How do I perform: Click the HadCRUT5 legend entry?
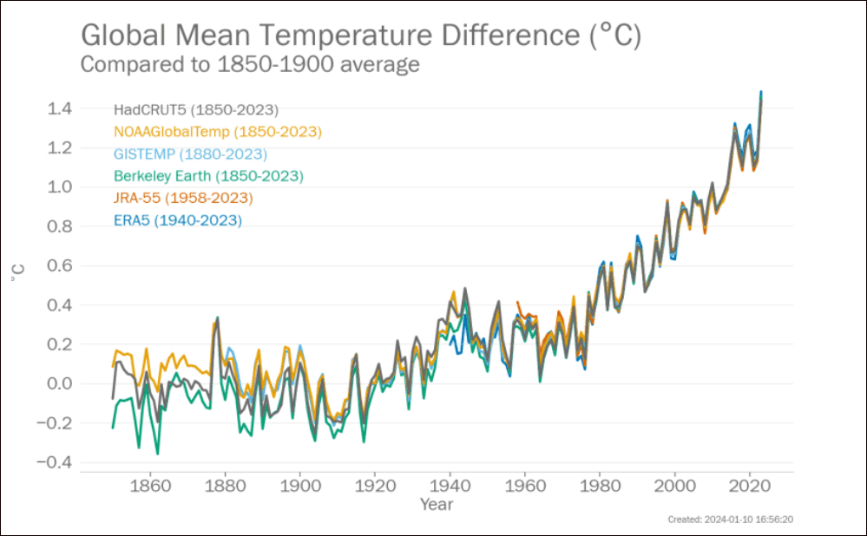pyautogui.click(x=195, y=110)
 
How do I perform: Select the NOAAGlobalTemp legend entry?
pyautogui.click(x=217, y=132)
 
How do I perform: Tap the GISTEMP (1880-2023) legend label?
pyautogui.click(x=190, y=154)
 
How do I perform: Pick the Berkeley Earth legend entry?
pyautogui.click(x=208, y=176)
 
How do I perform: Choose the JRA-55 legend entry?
pyautogui.click(x=183, y=199)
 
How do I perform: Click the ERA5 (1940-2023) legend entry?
pyautogui.click(x=177, y=220)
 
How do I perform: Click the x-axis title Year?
pyautogui.click(x=436, y=504)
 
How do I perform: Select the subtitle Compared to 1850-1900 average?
pyautogui.click(x=250, y=64)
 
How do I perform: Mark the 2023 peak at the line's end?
pyautogui.click(x=761, y=92)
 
